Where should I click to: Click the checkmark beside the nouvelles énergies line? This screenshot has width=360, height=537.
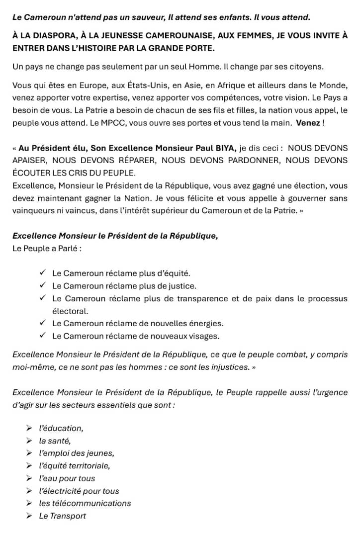(x=42, y=323)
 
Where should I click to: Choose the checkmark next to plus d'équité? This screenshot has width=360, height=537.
(x=42, y=273)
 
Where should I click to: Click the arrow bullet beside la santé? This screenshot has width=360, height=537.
(x=29, y=441)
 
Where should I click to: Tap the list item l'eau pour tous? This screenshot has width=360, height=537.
(x=67, y=478)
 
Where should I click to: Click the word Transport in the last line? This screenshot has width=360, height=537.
(x=69, y=516)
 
